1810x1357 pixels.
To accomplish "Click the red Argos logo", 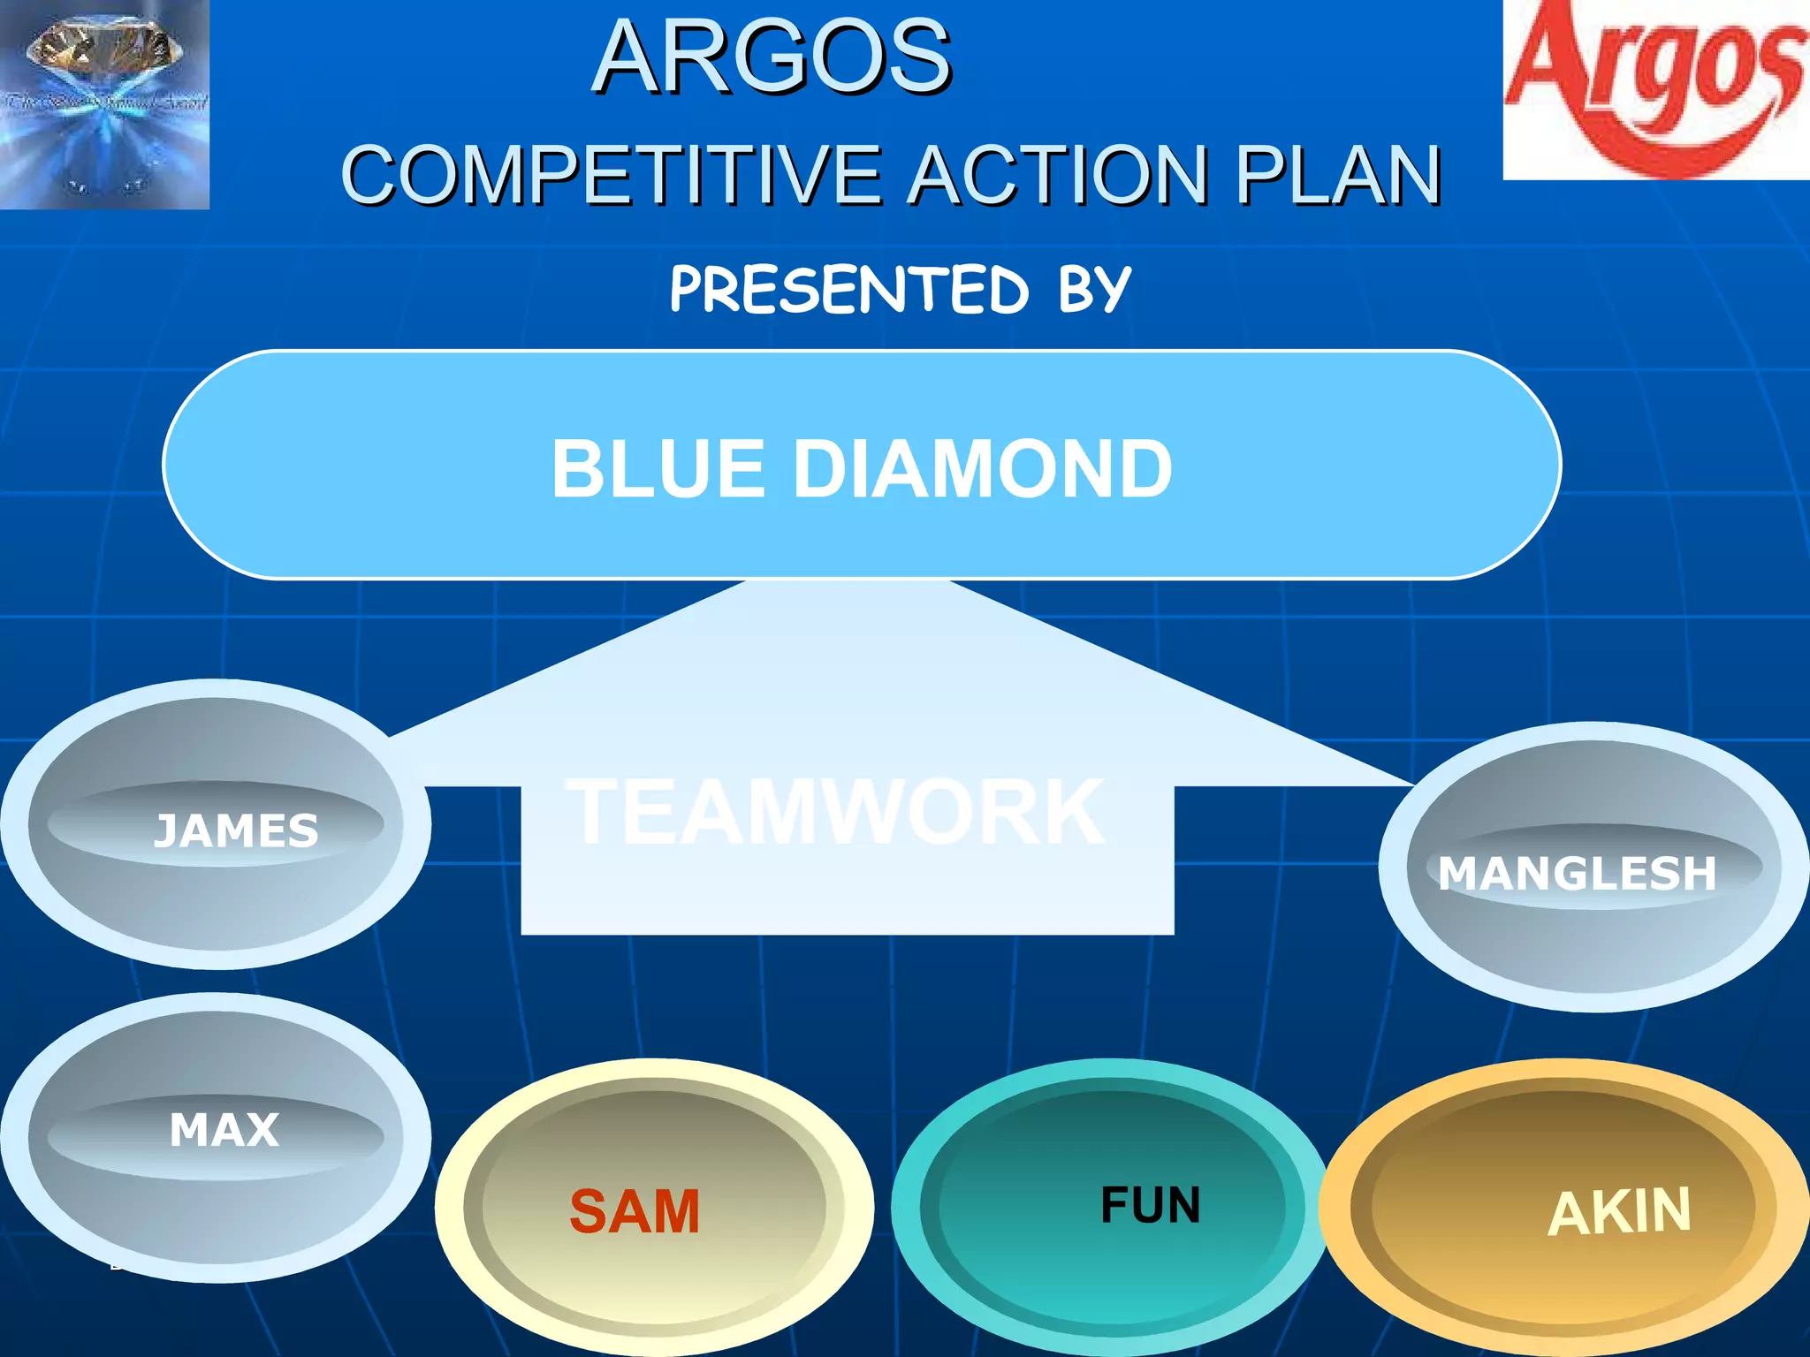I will [1656, 88].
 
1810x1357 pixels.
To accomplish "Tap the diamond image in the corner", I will [104, 104].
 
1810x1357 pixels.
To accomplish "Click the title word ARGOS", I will [772, 58].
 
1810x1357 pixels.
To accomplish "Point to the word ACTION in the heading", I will [1058, 175].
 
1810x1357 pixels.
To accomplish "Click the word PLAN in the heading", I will [1338, 175].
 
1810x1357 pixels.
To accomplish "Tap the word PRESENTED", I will [849, 290].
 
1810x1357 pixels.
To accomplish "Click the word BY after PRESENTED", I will [1094, 290].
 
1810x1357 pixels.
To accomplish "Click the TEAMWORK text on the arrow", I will [834, 811].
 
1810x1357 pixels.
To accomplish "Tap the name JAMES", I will [235, 831].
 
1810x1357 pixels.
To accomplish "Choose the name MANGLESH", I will [1577, 874].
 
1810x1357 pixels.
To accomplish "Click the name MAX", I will [224, 1130].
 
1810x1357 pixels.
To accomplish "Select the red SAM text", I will [635, 1211].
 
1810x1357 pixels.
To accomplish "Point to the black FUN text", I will [1150, 1205].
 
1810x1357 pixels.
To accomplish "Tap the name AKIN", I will [1619, 1212].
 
